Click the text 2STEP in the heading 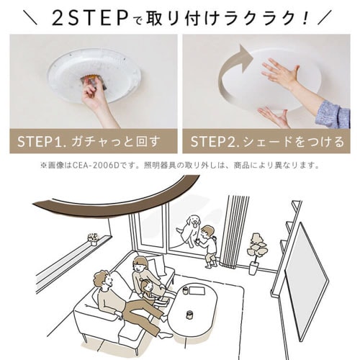pyautogui.click(x=86, y=18)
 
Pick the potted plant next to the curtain pyautogui.click(x=256, y=248)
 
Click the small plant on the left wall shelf pyautogui.click(x=92, y=238)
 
